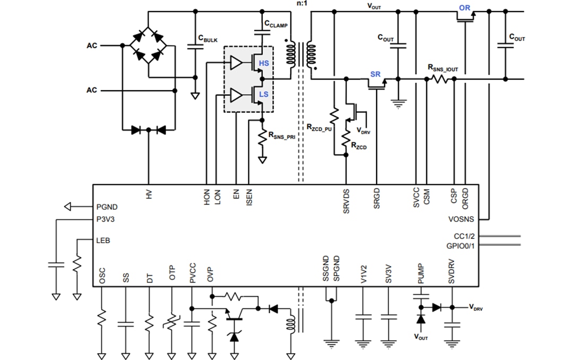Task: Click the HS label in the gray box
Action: [x=264, y=64]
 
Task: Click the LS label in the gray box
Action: [x=264, y=94]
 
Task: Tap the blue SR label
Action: [x=375, y=74]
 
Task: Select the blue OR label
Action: [x=465, y=9]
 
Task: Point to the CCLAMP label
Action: [x=276, y=24]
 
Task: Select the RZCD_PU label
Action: [x=318, y=127]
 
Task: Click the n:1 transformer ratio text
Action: [x=301, y=4]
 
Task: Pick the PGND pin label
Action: [x=107, y=207]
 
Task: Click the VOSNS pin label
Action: [x=461, y=219]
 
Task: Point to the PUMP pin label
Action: [x=421, y=273]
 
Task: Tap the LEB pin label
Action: [x=103, y=241]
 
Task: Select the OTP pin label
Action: [x=172, y=273]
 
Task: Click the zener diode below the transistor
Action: [x=235, y=336]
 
